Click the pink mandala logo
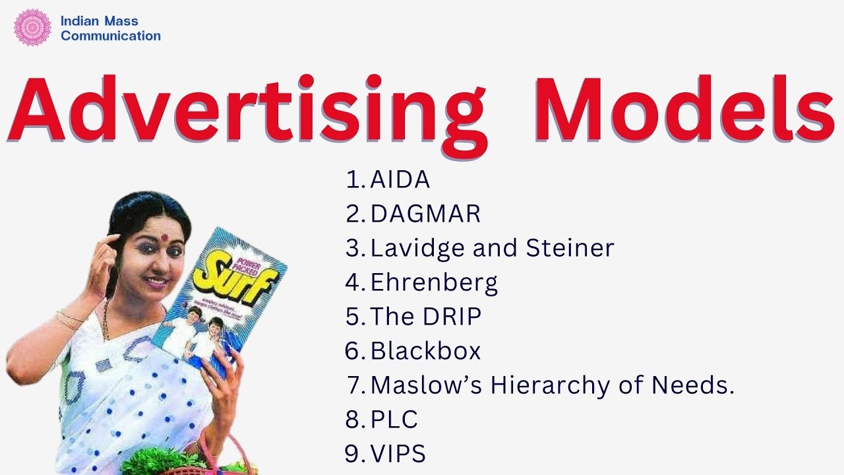click(x=32, y=28)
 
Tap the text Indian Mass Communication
click(x=110, y=28)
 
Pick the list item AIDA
click(x=400, y=179)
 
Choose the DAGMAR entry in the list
click(x=425, y=214)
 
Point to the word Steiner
click(x=570, y=248)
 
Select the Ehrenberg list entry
click(x=434, y=282)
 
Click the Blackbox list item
click(x=425, y=351)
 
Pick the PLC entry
click(x=394, y=420)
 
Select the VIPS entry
click(x=398, y=454)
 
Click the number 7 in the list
click(x=357, y=385)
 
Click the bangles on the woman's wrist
click(x=71, y=319)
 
